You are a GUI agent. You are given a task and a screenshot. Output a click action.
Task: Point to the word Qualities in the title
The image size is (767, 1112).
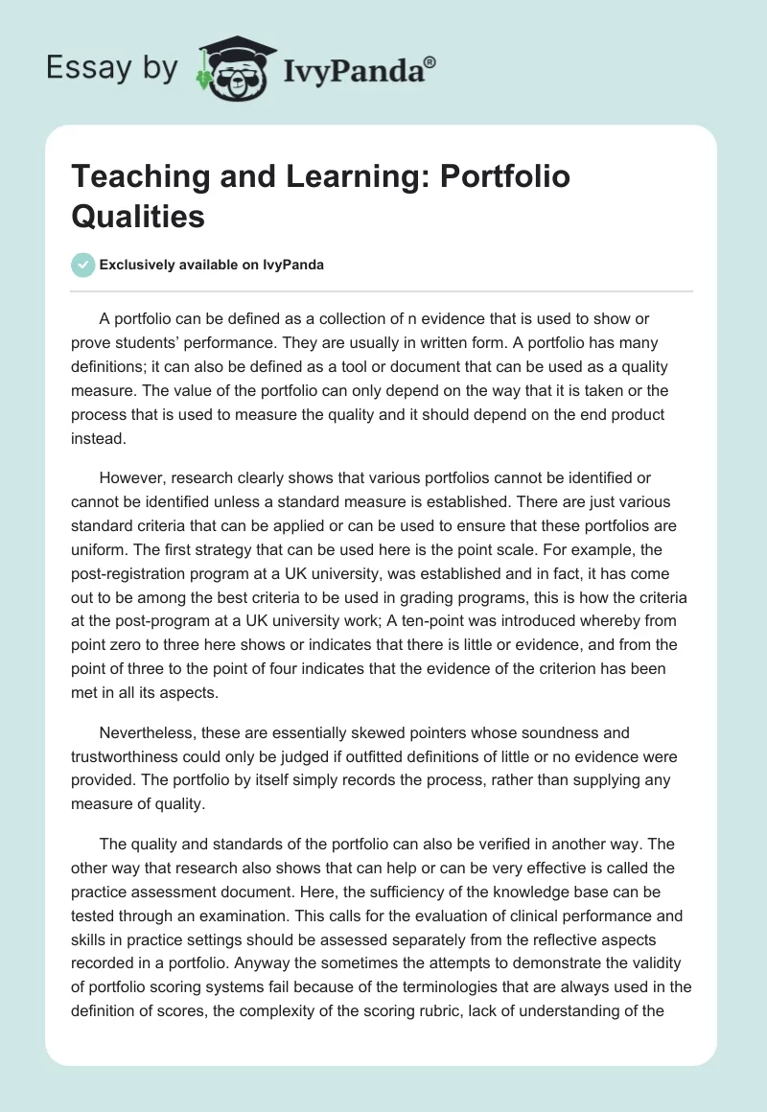click(138, 216)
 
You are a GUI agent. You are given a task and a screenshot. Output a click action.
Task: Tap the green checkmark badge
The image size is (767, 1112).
click(83, 265)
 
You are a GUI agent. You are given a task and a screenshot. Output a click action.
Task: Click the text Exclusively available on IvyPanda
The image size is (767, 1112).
click(211, 265)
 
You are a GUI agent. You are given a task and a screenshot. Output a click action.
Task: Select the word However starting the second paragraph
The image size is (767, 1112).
click(131, 476)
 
